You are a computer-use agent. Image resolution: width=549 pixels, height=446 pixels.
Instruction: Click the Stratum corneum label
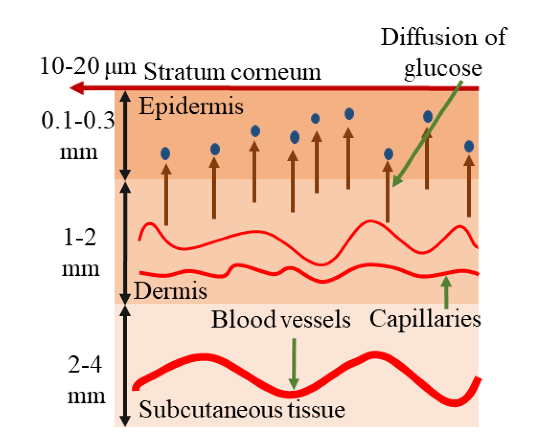[232, 72]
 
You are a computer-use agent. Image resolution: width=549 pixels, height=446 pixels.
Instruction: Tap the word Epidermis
[191, 106]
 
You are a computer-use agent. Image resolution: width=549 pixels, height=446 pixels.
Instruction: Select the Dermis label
[170, 291]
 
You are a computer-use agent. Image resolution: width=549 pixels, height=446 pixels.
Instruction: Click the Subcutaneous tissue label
[242, 409]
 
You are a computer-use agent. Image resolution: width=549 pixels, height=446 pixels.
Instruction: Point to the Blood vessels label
[281, 320]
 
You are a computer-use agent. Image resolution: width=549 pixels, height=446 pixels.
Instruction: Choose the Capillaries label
[425, 319]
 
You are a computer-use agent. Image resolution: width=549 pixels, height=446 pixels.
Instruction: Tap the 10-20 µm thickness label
[88, 66]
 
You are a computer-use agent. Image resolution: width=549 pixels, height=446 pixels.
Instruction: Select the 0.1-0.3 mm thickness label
[78, 136]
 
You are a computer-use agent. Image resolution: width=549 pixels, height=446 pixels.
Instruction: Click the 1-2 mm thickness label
[80, 253]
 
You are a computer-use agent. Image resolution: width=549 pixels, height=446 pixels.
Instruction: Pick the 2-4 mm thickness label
[85, 380]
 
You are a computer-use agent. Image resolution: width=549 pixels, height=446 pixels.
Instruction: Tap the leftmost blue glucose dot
[165, 154]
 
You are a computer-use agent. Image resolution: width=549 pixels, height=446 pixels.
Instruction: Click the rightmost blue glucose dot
[469, 146]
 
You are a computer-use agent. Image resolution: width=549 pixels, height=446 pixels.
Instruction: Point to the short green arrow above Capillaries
[446, 292]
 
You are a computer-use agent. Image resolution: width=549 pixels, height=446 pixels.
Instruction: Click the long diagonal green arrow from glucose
[428, 133]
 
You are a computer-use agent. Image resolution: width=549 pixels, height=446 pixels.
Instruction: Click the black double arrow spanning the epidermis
[125, 135]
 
